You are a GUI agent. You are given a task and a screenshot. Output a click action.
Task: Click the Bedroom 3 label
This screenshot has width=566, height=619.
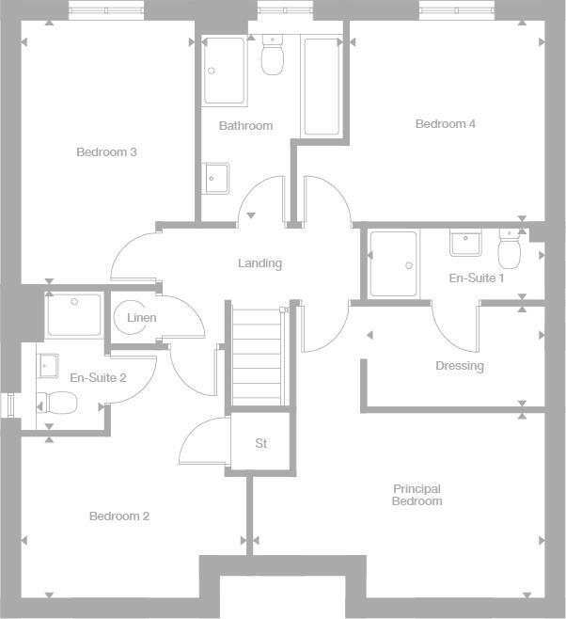pos(107,152)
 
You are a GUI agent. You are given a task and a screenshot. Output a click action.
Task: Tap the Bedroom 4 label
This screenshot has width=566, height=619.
pos(446,124)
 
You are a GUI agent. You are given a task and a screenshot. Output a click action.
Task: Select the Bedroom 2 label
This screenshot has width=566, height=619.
pos(119,516)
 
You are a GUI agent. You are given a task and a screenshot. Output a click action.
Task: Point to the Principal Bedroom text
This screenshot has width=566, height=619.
pos(417,495)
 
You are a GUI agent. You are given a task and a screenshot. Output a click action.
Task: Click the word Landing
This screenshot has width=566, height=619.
pos(259,263)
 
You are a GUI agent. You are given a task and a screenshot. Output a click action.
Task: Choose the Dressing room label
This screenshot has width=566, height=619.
pos(460,366)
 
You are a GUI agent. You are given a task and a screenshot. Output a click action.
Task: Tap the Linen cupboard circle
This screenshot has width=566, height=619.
pos(142,318)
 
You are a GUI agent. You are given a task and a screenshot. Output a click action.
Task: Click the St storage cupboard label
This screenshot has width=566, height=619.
pos(261,443)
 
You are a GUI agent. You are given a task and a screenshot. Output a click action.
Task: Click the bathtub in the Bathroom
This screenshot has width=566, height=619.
pos(321,87)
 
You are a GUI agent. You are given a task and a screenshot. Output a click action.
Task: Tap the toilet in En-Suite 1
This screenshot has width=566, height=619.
pos(510,249)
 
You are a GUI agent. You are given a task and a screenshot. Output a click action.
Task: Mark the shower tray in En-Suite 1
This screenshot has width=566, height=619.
pos(392,263)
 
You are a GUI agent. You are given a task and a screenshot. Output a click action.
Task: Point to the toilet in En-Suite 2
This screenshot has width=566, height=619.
pos(57,403)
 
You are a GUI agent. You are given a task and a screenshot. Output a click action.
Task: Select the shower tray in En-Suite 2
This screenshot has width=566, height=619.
pos(74,315)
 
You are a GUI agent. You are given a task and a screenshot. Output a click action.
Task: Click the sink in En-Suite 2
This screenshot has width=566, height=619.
pos(47,364)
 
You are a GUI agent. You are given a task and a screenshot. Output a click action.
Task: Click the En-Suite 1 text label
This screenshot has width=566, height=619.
pos(477,278)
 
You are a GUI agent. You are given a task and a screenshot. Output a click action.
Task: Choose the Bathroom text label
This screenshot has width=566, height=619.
pos(245,126)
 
